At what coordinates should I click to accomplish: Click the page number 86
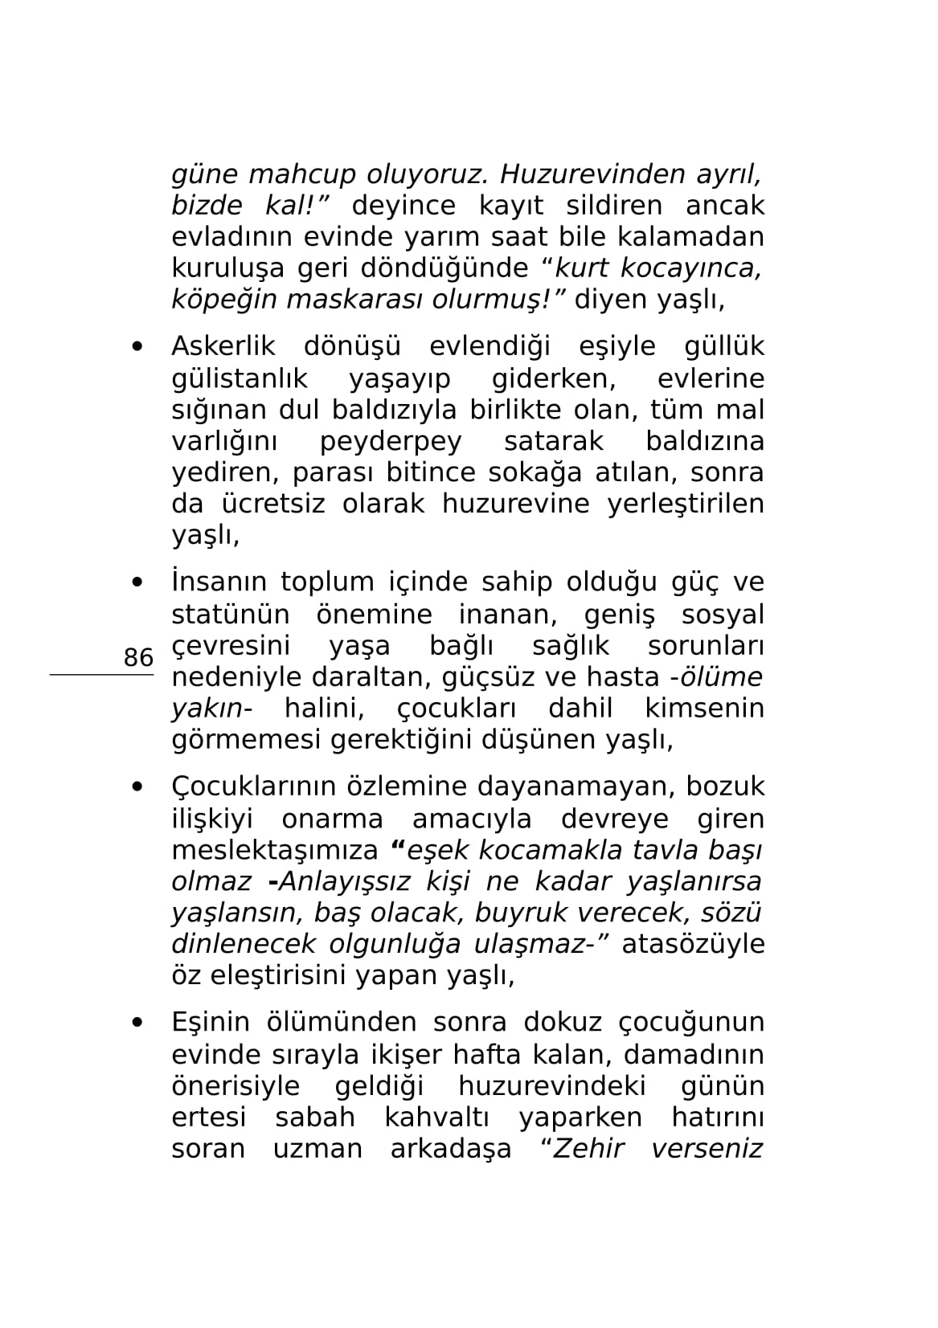138,657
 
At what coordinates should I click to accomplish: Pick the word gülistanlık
240,378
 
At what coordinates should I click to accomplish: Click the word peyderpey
391,441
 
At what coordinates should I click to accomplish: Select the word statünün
231,615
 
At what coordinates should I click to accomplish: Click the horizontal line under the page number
101,675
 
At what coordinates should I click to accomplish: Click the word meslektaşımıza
274,850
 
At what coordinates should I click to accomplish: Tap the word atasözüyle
693,944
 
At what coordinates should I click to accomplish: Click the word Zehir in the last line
589,1149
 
